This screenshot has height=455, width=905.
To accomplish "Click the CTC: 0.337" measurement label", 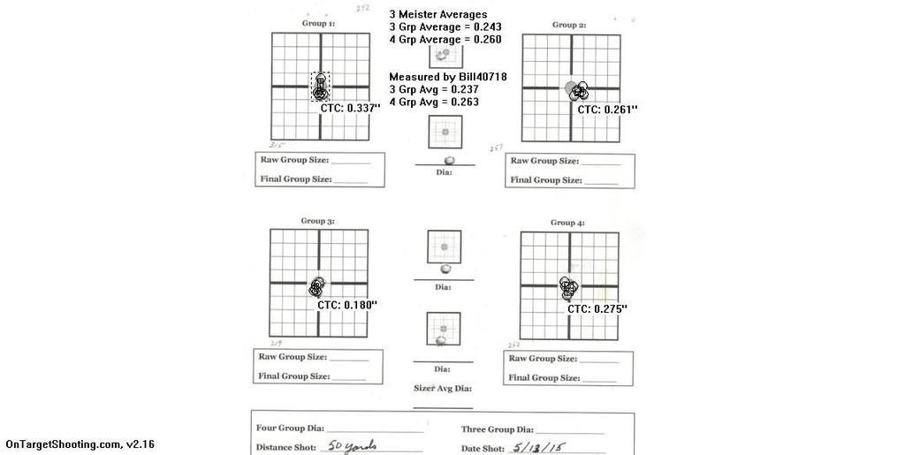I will click(x=350, y=108).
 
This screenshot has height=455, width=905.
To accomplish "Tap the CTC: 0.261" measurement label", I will click(x=607, y=110).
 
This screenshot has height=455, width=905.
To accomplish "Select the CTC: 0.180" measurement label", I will click(x=347, y=305).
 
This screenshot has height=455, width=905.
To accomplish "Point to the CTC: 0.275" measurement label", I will click(x=597, y=309).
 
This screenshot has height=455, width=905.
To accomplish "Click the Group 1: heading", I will click(x=318, y=24).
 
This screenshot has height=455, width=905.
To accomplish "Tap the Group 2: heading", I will click(x=569, y=25).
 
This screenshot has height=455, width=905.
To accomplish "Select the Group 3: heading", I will click(x=317, y=221).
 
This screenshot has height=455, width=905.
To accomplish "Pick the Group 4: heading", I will click(x=567, y=223).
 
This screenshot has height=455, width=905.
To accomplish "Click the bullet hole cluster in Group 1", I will click(x=320, y=87).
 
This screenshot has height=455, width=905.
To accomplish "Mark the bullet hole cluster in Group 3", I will click(x=317, y=285).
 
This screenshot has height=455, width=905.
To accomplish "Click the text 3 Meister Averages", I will click(x=437, y=14).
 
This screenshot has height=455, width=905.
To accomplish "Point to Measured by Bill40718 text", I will click(x=447, y=77).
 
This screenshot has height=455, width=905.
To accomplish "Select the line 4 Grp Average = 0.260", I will click(x=445, y=40).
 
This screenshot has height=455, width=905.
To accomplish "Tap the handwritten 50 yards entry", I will click(x=346, y=446).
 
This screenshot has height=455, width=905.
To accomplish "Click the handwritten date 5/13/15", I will click(x=537, y=447).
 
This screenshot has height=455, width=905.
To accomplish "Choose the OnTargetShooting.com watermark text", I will click(x=80, y=444).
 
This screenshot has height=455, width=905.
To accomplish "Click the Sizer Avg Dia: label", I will click(x=443, y=389).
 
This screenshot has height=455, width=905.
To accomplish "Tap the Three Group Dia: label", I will click(x=498, y=429).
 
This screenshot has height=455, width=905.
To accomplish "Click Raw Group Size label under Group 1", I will click(x=294, y=161).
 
